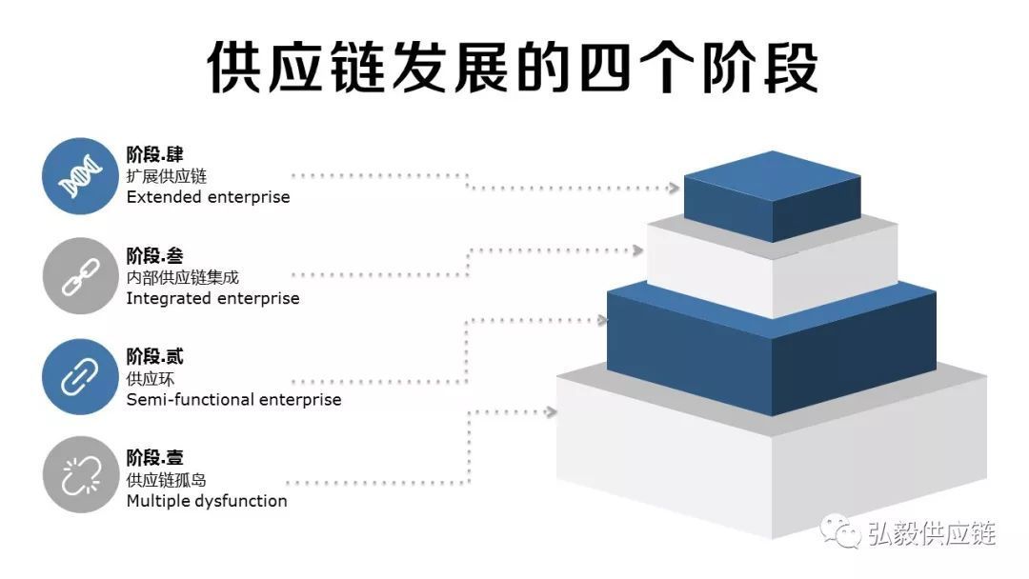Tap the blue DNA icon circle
(x=80, y=175)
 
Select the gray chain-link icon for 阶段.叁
(x=80, y=275)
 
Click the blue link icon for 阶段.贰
(x=80, y=377)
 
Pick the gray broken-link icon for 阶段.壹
(x=80, y=476)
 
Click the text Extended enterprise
(x=208, y=197)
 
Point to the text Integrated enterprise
(x=212, y=298)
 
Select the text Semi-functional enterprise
(x=233, y=400)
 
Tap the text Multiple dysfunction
(x=207, y=501)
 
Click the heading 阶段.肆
(x=154, y=154)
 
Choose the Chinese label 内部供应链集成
(x=182, y=277)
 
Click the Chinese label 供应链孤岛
(x=166, y=480)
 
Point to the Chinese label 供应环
(x=151, y=379)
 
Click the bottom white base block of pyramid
(x=772, y=467)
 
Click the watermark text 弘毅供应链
(x=931, y=534)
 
